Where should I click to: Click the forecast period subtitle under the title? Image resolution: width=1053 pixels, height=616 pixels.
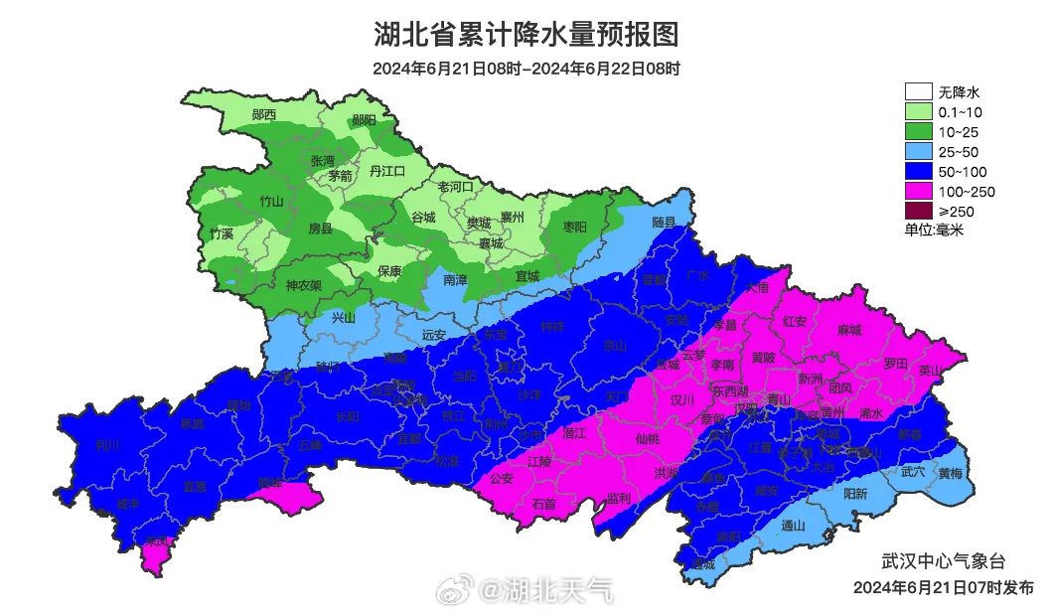(x=526, y=69)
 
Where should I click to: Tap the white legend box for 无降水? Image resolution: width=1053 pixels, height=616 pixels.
(x=919, y=92)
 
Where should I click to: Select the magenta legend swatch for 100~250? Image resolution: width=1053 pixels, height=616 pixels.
(x=919, y=191)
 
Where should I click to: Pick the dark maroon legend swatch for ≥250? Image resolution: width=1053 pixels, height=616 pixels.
(x=919, y=211)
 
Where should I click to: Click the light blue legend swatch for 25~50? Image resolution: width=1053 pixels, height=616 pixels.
(x=919, y=152)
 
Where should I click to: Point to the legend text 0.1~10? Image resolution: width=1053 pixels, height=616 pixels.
(x=959, y=112)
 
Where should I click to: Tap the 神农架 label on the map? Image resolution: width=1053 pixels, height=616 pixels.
(x=304, y=285)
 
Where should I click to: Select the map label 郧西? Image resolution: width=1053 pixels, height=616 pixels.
(x=264, y=114)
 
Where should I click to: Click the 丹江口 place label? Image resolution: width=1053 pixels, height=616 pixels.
(x=387, y=171)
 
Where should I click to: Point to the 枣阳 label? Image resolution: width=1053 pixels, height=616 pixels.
(x=575, y=228)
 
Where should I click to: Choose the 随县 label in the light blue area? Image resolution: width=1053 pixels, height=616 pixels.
(x=664, y=223)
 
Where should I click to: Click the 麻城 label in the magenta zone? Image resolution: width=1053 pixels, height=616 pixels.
(x=849, y=329)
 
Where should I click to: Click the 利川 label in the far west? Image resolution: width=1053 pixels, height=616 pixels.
(x=107, y=444)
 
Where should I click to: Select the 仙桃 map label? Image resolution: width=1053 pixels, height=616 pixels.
(x=647, y=437)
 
